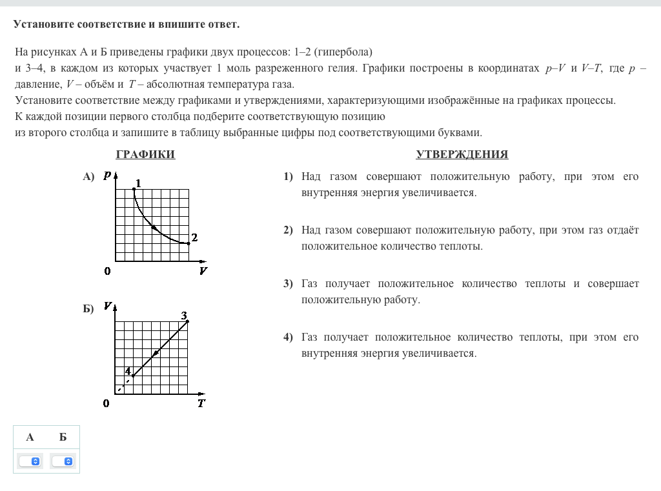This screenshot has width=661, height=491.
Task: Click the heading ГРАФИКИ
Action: (x=145, y=155)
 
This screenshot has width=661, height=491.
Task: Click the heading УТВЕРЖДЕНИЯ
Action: (x=462, y=155)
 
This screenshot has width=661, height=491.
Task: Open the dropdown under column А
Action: (x=30, y=461)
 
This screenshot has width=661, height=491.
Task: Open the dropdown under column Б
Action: (x=63, y=461)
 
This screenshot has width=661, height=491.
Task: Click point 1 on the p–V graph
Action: (x=134, y=188)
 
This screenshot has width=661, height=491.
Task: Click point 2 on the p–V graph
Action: (x=188, y=243)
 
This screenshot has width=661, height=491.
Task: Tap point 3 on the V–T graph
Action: (x=188, y=321)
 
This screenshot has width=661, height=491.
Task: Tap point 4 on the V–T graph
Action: (x=132, y=376)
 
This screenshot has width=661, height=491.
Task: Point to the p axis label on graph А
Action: (x=107, y=175)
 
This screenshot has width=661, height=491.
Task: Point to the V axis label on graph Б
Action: (x=107, y=306)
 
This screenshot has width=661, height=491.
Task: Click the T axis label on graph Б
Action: (x=201, y=404)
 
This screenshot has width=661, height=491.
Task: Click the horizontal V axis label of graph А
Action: (x=203, y=271)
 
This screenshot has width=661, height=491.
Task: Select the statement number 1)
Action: (x=288, y=177)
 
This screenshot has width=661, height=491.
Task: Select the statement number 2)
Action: (x=288, y=230)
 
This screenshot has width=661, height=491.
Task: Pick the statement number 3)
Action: (x=288, y=284)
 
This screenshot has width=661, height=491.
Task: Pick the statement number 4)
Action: (x=288, y=337)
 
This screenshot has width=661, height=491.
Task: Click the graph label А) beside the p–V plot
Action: (x=88, y=176)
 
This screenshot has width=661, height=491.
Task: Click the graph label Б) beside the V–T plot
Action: (x=88, y=308)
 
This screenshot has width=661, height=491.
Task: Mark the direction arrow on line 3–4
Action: (x=155, y=354)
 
